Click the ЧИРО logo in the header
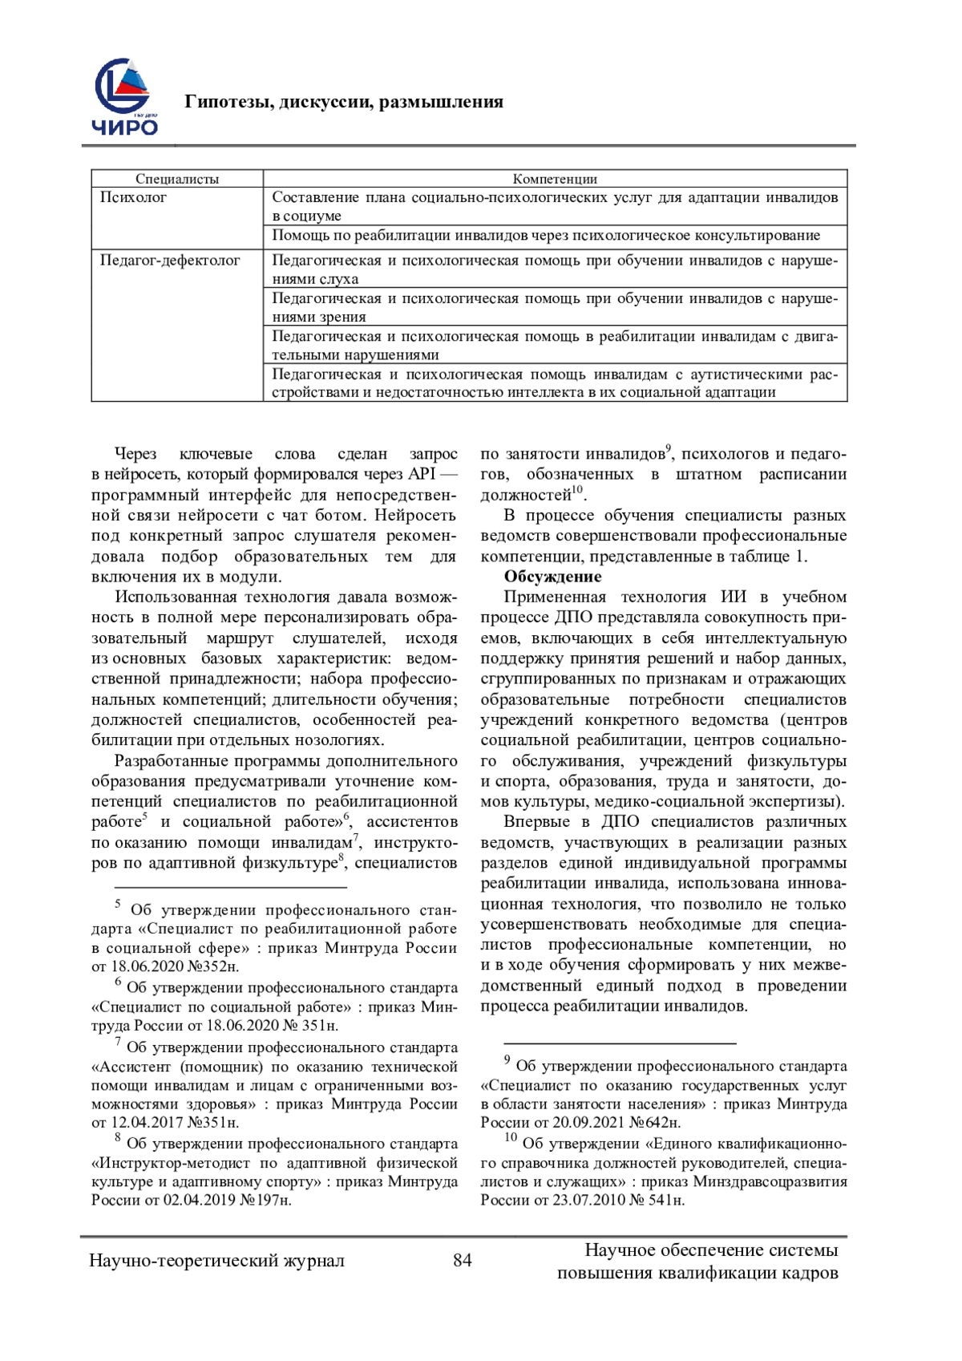126,99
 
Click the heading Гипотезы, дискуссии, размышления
344,102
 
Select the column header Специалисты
177,179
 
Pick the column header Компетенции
555,179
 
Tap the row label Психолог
133,197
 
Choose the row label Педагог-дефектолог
170,261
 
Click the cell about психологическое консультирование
546,236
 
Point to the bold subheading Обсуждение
552,577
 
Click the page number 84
463,1260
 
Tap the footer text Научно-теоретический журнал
217,1261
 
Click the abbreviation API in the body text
422,474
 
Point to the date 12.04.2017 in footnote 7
139,1123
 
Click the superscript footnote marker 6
346,816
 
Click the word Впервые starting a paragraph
533,822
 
